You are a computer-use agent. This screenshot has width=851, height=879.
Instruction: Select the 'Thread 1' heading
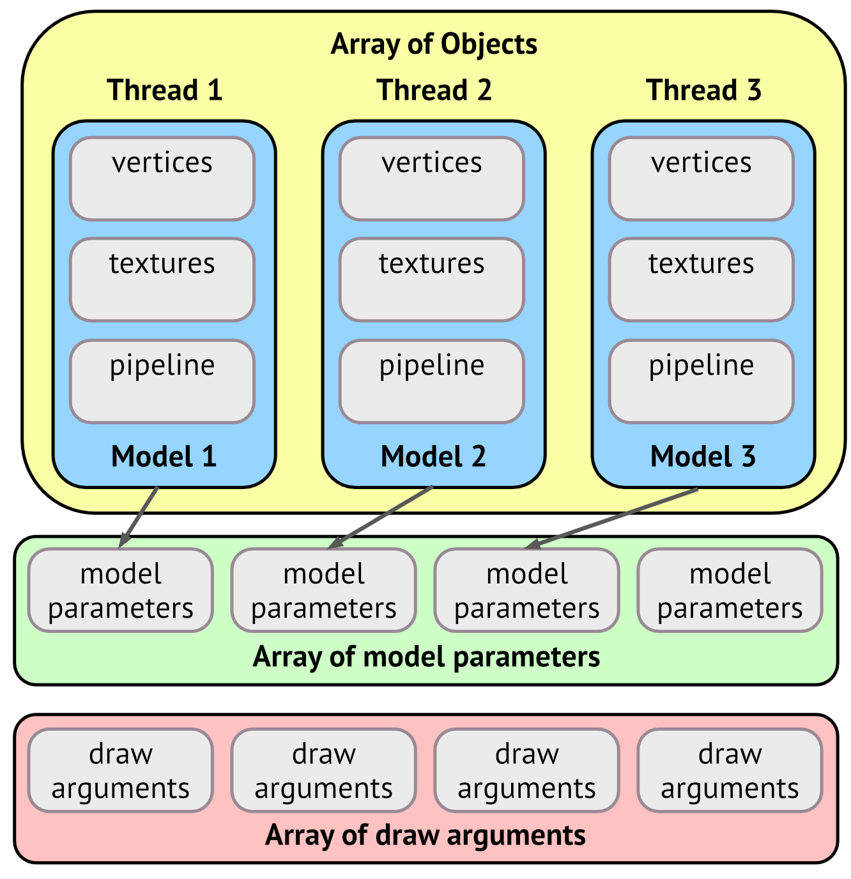(x=164, y=90)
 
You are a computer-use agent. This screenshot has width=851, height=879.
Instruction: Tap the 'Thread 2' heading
(x=434, y=90)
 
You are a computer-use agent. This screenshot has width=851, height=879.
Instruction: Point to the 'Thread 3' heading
(x=703, y=90)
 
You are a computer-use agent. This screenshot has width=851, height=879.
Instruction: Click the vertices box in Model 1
(x=162, y=179)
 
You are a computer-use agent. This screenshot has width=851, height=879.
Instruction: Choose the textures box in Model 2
(x=432, y=280)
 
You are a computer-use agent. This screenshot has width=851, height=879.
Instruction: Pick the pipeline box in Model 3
(x=701, y=382)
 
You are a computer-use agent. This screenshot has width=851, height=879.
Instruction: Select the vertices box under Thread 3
(x=701, y=179)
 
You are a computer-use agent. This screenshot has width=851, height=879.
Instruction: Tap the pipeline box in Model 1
(x=162, y=382)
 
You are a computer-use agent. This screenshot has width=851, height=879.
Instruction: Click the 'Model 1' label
(x=164, y=456)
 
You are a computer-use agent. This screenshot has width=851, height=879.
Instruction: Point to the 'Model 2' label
(x=433, y=456)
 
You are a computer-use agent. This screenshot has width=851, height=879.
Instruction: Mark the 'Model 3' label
(x=703, y=456)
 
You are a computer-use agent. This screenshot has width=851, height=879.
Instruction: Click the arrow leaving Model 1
(x=138, y=517)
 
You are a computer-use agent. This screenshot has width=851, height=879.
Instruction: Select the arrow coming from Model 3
(x=611, y=518)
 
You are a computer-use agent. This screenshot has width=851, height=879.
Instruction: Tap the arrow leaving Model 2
(x=379, y=518)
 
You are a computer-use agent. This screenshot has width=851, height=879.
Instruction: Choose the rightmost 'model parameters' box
(x=730, y=590)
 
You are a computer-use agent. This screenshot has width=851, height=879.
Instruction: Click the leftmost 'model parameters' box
(x=121, y=590)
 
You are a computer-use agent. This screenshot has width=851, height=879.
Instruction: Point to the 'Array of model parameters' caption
(x=426, y=657)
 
